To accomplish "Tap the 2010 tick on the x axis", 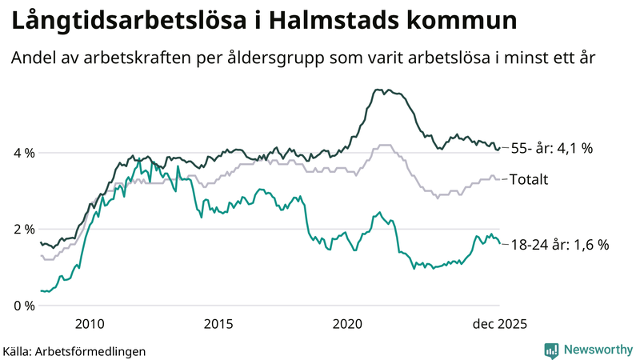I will tap(90, 324).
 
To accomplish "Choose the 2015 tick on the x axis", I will tap(218, 324).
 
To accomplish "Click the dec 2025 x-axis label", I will tap(499, 324).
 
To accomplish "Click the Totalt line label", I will tap(529, 180).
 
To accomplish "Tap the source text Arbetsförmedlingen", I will tap(90, 350).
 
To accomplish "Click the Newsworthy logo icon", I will tap(551, 350).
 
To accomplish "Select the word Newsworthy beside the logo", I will tap(598, 350).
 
